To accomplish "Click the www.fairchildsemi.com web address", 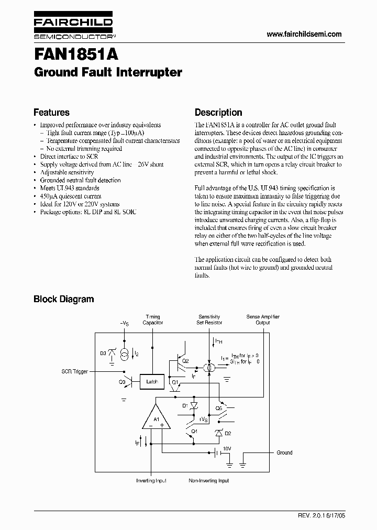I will click(x=304, y=34).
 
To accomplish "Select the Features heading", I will click(x=51, y=113).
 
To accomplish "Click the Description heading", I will click(x=218, y=113).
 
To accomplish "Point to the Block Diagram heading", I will click(x=63, y=299).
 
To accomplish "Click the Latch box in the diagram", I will click(x=152, y=382).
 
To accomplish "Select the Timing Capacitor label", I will click(x=153, y=320).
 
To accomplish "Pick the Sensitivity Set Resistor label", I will click(x=209, y=320).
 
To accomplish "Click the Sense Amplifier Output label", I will click(x=263, y=320).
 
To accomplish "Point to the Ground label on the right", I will click(x=284, y=453).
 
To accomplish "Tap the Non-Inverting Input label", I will click(x=208, y=481).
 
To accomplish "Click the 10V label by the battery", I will click(x=227, y=449).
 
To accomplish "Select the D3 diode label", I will click(x=104, y=354).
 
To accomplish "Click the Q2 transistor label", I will click(x=185, y=361).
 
